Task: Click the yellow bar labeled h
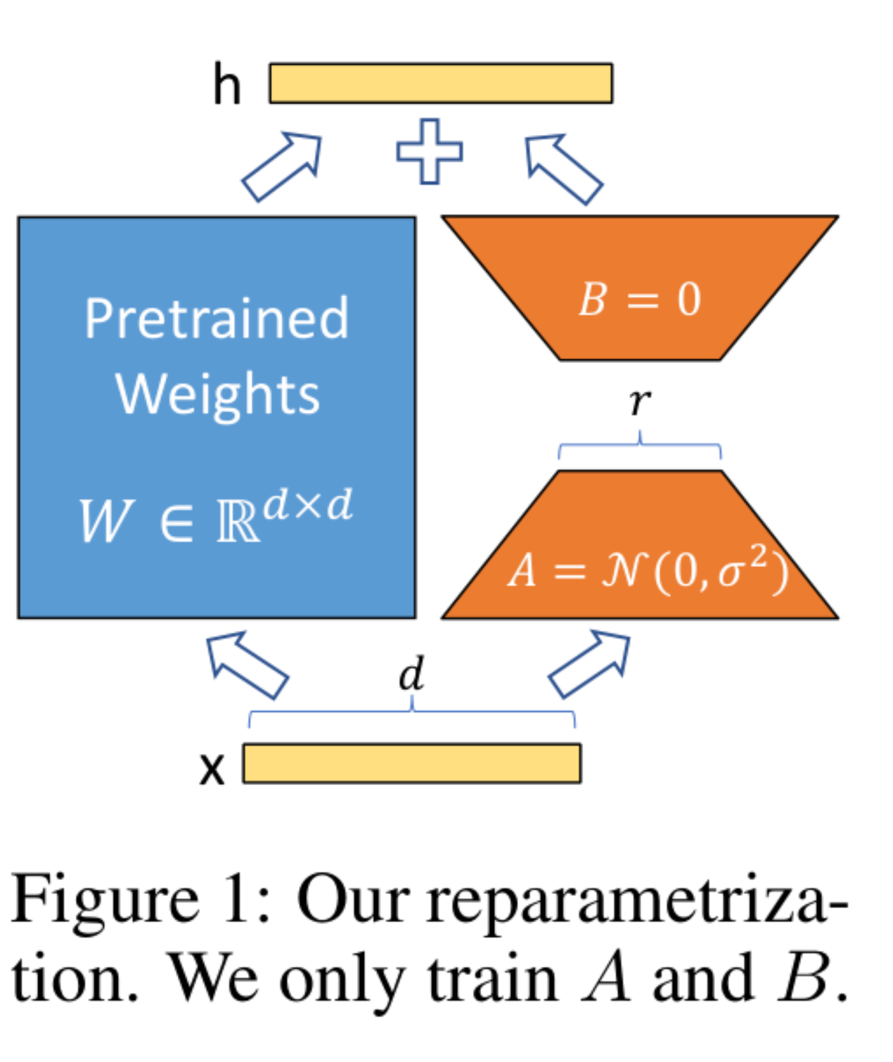point(441,83)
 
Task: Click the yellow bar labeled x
point(411,763)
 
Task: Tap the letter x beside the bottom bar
point(212,769)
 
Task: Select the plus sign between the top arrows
point(430,151)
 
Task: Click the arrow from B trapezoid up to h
point(563,168)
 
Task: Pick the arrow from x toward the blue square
point(247,663)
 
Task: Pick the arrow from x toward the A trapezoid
point(589,663)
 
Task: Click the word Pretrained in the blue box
point(217,319)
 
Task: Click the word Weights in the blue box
point(217,394)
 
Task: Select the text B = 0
point(639,299)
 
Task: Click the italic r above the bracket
point(639,402)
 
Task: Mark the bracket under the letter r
point(639,447)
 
